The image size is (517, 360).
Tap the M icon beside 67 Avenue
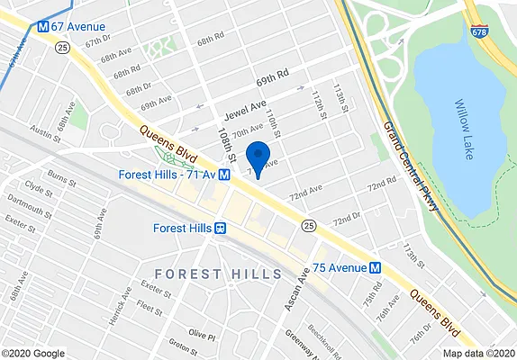click(x=42, y=27)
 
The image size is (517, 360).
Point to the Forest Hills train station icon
click(x=219, y=228)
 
